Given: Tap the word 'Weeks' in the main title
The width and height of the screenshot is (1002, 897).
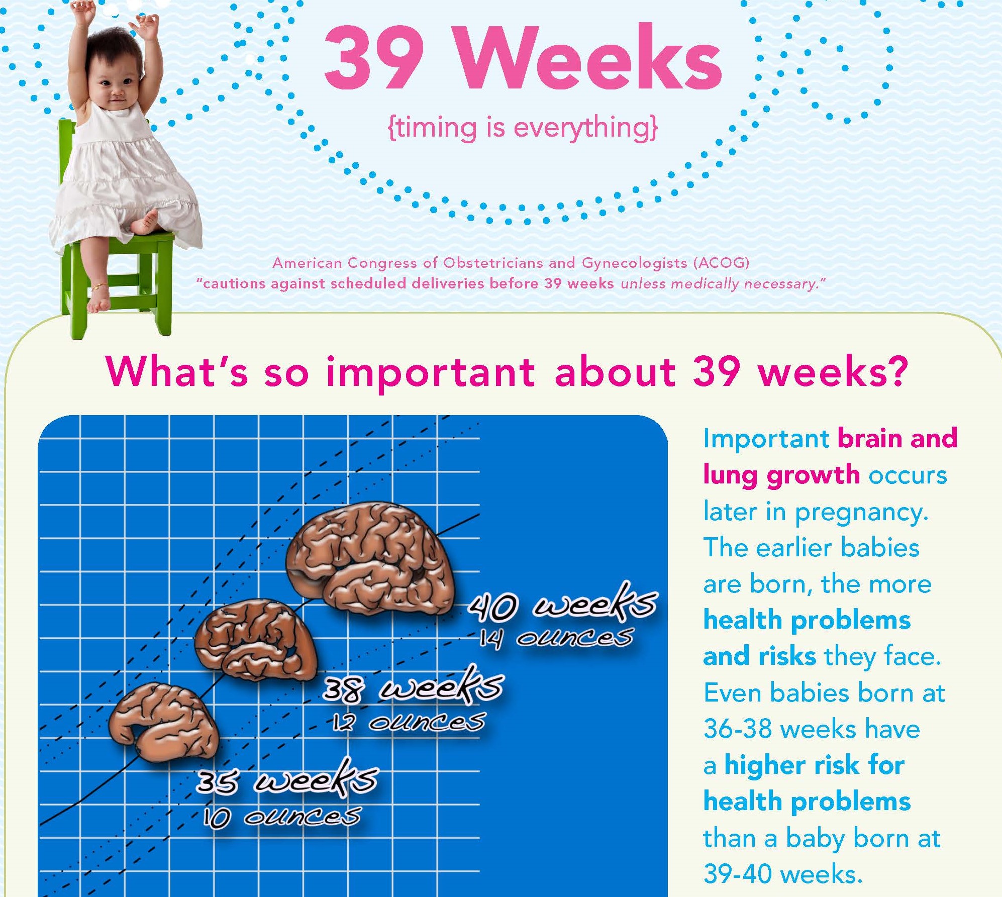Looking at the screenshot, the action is click(x=589, y=57).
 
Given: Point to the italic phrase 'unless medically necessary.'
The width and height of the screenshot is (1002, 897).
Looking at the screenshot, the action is click(x=723, y=284).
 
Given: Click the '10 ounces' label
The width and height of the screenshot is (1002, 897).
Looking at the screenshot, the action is click(x=281, y=817).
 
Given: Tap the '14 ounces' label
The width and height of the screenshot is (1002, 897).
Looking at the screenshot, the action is click(x=555, y=638).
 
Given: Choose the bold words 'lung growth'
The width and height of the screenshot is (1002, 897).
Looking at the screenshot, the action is click(x=781, y=475).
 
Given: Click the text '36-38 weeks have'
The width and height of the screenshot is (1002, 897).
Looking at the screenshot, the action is click(x=812, y=729).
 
